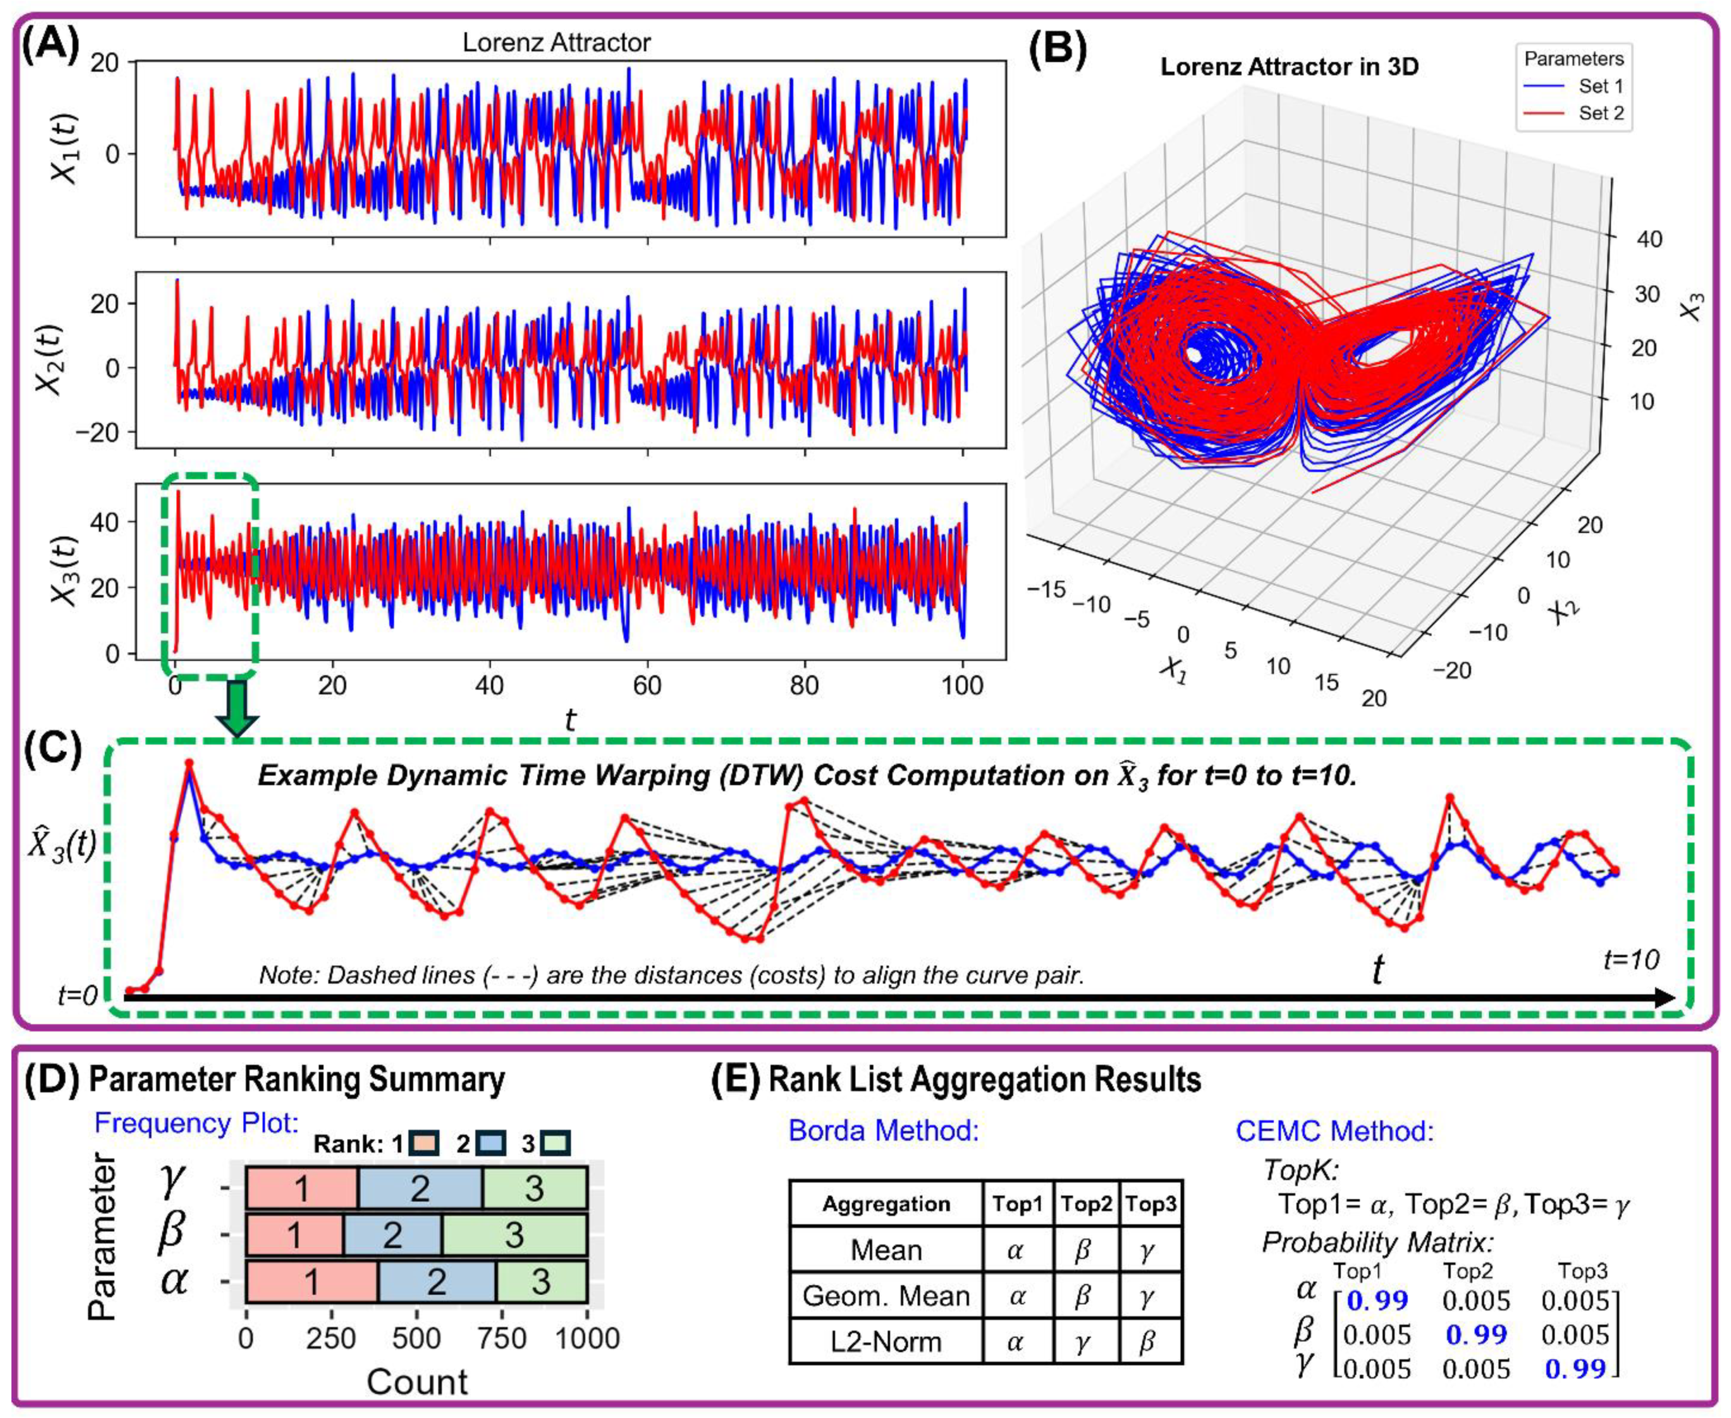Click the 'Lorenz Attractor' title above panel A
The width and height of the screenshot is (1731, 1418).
[x=556, y=42]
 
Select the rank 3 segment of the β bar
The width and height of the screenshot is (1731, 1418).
[x=514, y=1235]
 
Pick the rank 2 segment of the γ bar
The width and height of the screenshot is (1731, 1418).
[x=420, y=1188]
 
